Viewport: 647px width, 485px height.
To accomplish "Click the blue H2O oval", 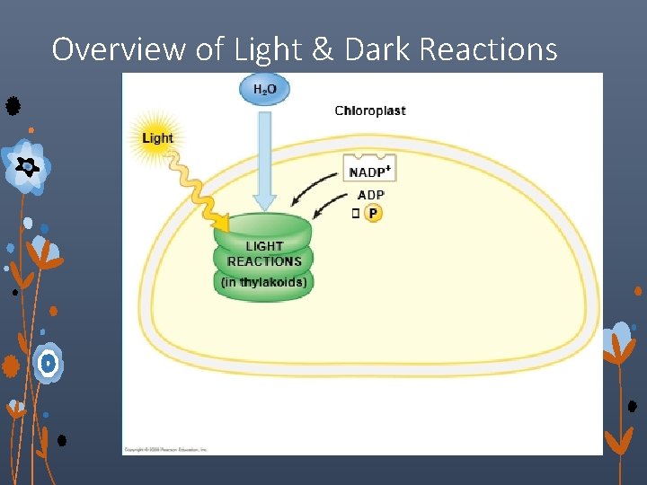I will (264, 89).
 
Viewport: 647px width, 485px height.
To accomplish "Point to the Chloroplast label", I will (369, 110).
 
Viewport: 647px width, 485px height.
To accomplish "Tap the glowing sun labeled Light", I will (158, 137).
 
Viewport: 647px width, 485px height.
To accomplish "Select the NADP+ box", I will (368, 171).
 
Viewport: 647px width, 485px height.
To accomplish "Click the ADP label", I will (370, 195).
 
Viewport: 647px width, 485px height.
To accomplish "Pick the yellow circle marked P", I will (373, 214).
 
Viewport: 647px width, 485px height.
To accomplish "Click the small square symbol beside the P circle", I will (355, 214).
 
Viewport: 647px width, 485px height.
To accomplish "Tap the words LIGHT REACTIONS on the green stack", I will (264, 254).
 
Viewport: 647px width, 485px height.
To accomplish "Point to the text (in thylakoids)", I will (264, 282).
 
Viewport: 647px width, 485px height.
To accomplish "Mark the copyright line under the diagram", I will (165, 448).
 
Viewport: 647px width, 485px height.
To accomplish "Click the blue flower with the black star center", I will (28, 167).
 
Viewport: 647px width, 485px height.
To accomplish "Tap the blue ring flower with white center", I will (48, 363).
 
